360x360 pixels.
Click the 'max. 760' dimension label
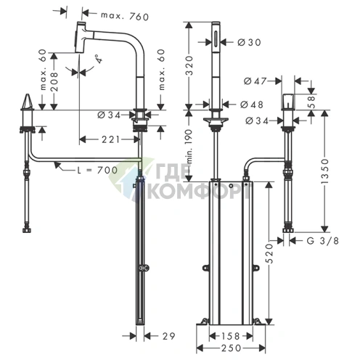(x=125, y=16)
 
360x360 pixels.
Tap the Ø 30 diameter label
(x=249, y=42)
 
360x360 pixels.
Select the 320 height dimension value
(x=190, y=65)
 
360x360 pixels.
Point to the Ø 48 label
(x=252, y=105)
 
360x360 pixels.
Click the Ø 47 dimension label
(x=255, y=81)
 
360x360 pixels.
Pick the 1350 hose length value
(x=325, y=171)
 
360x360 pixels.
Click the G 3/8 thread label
(x=322, y=240)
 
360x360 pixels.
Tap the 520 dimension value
(x=269, y=253)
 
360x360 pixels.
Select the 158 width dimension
(x=230, y=336)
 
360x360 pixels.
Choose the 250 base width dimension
(x=232, y=348)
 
